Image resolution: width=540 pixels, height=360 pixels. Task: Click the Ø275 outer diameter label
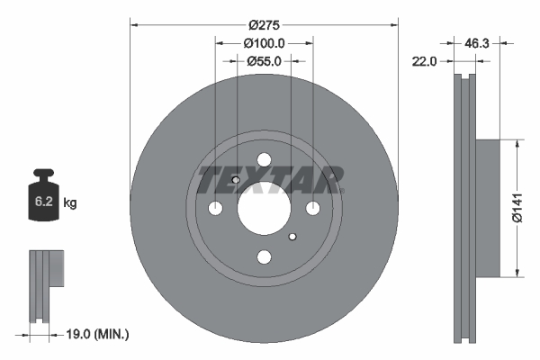click(264, 25)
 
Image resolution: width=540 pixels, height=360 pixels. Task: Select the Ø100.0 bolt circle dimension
click(264, 43)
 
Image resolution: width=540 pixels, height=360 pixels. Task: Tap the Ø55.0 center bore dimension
click(264, 61)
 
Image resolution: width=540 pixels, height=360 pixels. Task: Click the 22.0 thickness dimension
click(424, 61)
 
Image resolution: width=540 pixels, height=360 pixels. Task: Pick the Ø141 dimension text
click(517, 207)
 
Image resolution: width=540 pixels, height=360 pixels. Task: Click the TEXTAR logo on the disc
click(269, 180)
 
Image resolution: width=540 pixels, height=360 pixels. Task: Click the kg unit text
click(70, 204)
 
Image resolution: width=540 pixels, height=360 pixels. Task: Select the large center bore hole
click(264, 209)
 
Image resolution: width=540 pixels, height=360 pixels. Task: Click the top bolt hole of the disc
click(264, 160)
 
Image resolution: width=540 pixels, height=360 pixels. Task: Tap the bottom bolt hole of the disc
click(264, 257)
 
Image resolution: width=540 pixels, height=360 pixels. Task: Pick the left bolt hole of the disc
click(215, 209)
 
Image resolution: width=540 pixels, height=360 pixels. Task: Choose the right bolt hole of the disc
click(312, 209)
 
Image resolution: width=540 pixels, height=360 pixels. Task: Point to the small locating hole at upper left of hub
click(236, 181)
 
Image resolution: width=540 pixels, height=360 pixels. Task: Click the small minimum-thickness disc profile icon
click(45, 284)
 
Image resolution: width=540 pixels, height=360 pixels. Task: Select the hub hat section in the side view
click(485, 208)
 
